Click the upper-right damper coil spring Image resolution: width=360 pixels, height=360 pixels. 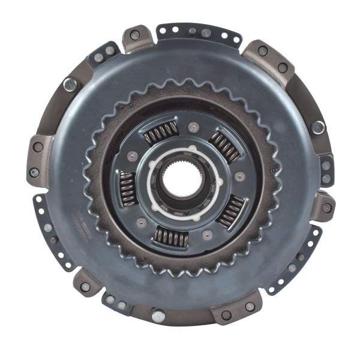point(225,145)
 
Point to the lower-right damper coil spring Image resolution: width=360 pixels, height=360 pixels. point(231,211)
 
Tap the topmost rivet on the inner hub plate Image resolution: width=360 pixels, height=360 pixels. point(193,127)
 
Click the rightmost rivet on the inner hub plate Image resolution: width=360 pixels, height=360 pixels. point(240,176)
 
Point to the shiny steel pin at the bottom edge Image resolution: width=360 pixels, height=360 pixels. point(158,315)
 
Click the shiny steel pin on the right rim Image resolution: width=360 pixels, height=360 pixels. point(317,127)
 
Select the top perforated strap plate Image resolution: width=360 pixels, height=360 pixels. point(199,32)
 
